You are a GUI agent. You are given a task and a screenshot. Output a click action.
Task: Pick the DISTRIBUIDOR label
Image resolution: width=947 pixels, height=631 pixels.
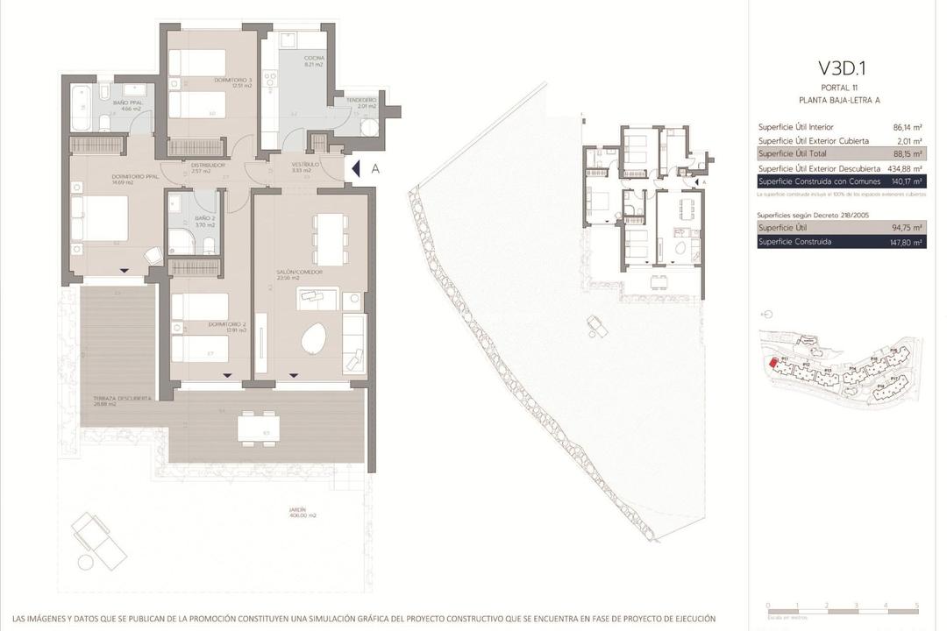click(208, 166)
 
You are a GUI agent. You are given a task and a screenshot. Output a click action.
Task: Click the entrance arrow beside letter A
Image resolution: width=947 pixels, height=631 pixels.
click(354, 168)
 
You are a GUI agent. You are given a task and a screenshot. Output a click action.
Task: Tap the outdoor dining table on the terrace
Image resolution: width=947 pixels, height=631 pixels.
click(259, 429)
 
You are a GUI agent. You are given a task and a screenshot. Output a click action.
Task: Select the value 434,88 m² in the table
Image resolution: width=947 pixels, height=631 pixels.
click(906, 168)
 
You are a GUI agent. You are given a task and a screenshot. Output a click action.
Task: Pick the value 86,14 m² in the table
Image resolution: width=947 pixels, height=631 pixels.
click(908, 127)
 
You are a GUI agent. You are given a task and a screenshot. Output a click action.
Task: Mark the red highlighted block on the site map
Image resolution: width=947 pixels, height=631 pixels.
click(773, 363)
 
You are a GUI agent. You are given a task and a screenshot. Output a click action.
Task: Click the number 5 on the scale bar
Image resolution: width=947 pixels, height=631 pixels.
click(916, 606)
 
